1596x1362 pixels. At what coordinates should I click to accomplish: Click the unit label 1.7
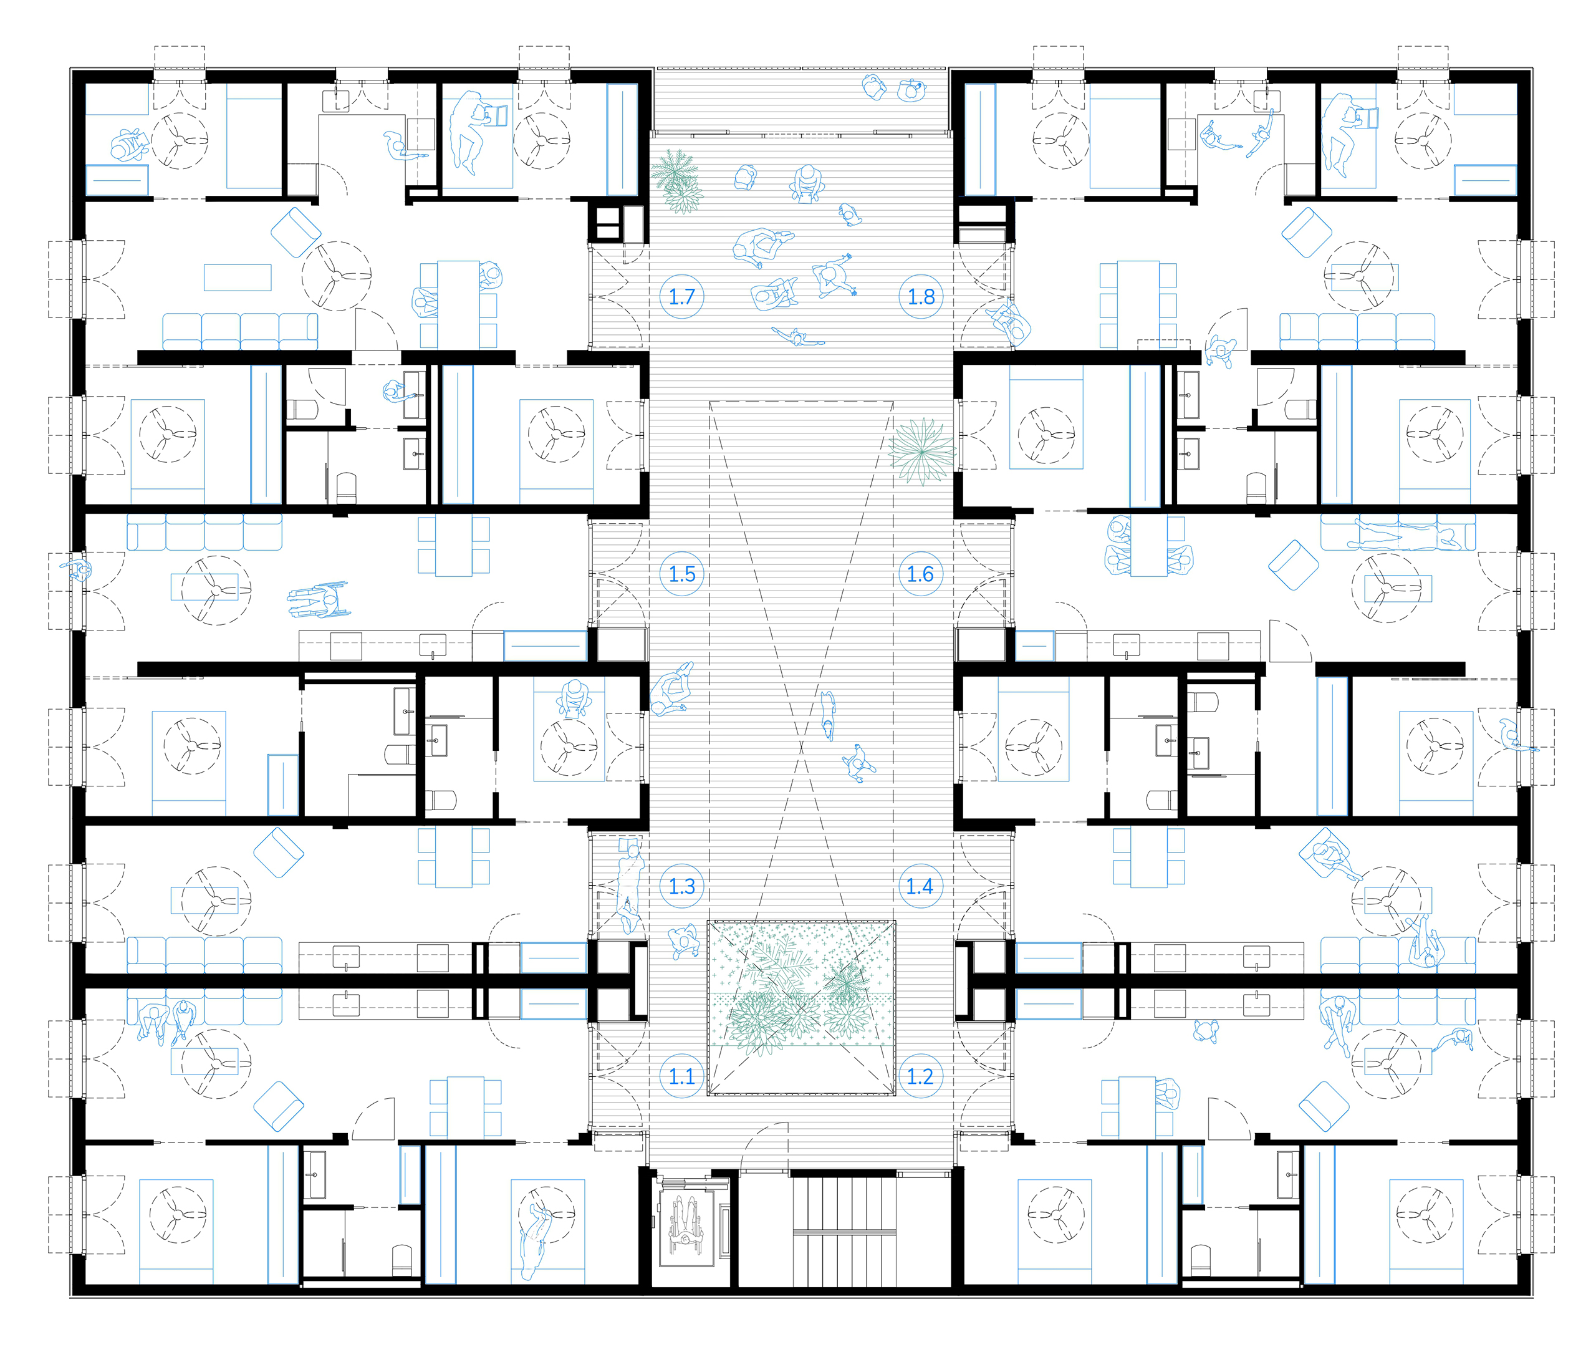[681, 297]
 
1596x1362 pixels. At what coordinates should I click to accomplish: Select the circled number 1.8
[921, 297]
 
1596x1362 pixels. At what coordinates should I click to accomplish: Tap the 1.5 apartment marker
[681, 574]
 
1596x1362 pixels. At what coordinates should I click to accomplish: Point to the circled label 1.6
[920, 574]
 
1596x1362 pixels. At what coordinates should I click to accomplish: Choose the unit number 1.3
[681, 887]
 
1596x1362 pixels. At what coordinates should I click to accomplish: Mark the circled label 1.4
[920, 887]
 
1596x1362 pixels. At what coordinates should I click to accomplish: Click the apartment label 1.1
[681, 1076]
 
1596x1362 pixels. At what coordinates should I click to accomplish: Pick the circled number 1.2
[920, 1076]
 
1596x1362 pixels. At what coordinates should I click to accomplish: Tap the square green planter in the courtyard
[801, 1007]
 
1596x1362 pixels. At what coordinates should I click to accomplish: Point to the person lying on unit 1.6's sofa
[1402, 534]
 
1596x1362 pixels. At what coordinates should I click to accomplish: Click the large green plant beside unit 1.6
[922, 452]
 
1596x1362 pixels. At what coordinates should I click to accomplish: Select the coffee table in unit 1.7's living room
[238, 278]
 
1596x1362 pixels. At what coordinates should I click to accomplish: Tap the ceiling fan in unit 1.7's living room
[337, 276]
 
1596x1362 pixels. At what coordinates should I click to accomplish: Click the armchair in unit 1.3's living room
[278, 852]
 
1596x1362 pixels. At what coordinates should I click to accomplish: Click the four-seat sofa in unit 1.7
[239, 331]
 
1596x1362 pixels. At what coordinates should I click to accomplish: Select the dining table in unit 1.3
[454, 857]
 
